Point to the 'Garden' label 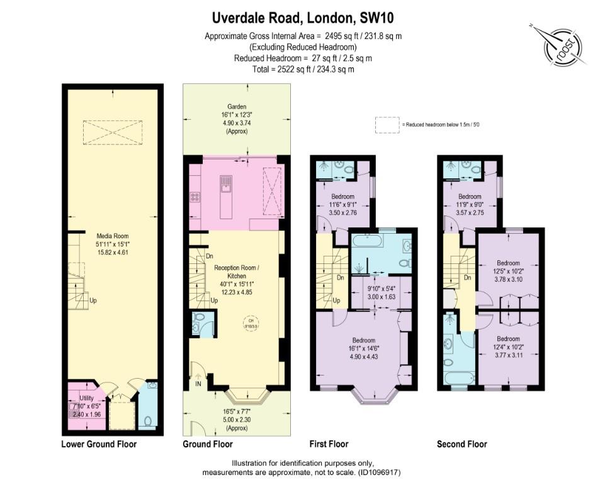click(237, 107)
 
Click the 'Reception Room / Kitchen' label click(237, 271)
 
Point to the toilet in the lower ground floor click(148, 421)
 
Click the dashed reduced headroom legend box click(388, 124)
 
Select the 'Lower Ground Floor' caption click(99, 444)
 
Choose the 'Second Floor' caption click(461, 444)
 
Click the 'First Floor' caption click(329, 444)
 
